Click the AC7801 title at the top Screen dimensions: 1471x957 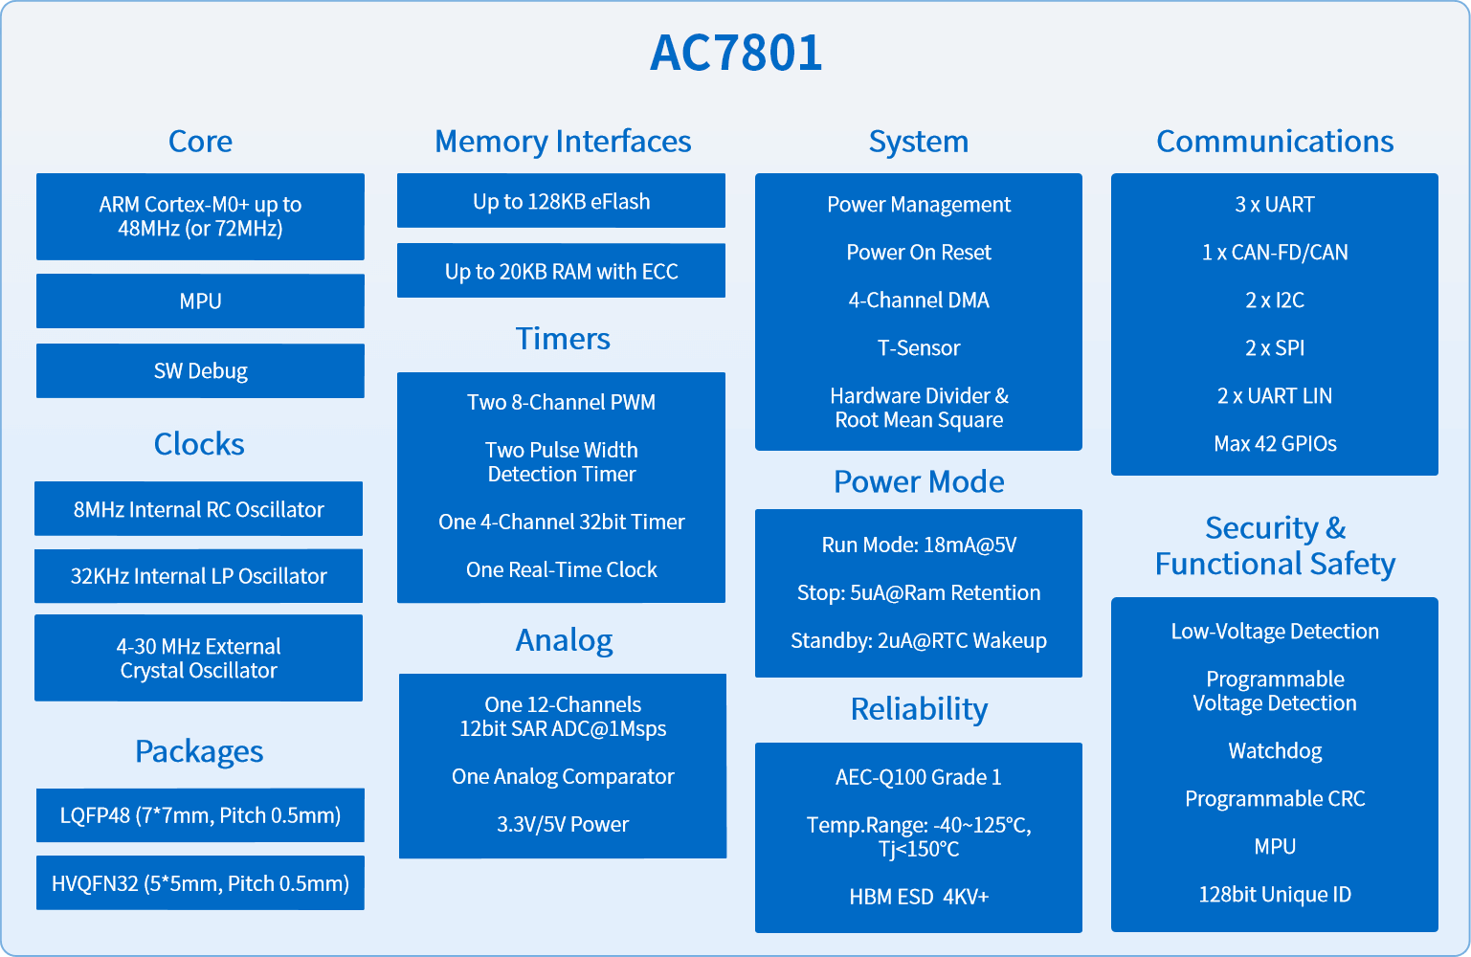click(735, 53)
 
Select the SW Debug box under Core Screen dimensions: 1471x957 click(200, 370)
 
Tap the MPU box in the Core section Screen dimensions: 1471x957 click(200, 300)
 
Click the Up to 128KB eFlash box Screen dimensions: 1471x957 click(562, 201)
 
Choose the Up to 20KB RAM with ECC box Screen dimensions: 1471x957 click(562, 271)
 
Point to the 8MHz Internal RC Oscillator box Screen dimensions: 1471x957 click(198, 509)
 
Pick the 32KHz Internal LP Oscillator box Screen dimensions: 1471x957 click(198, 576)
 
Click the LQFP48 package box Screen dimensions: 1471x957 click(200, 815)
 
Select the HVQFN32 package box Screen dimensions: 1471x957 click(200, 882)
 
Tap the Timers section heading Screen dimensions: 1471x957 click(563, 338)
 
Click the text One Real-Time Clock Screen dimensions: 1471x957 click(562, 569)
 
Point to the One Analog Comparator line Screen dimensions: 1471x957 click(563, 776)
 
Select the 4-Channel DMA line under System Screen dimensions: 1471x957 click(919, 300)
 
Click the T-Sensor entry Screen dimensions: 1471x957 click(919, 347)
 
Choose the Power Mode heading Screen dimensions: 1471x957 click(919, 481)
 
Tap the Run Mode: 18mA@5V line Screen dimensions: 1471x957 click(919, 545)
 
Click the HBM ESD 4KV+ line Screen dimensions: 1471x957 click(919, 897)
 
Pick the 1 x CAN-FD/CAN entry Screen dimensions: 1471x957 click(1275, 253)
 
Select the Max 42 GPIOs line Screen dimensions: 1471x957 click(1275, 443)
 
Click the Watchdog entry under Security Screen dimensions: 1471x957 click(1275, 750)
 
